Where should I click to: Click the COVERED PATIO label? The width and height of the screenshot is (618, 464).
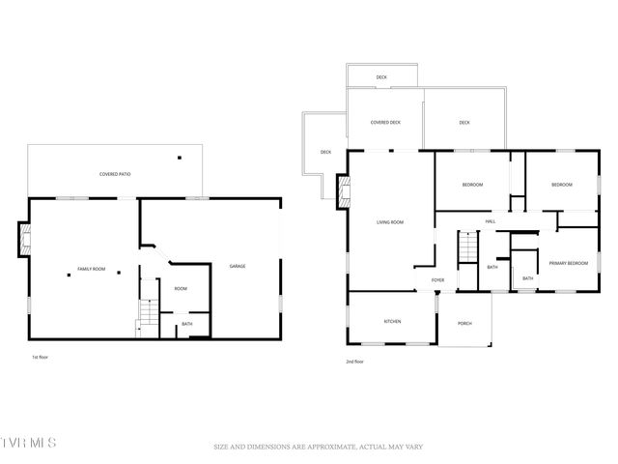click(x=115, y=174)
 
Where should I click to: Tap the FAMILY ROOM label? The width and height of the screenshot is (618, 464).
click(x=92, y=268)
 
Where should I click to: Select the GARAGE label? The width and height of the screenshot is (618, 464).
click(x=237, y=266)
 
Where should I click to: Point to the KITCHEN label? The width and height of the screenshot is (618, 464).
click(x=392, y=322)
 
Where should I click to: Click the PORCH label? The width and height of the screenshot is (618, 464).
click(x=464, y=323)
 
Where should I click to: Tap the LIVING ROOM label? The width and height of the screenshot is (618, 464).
click(x=389, y=222)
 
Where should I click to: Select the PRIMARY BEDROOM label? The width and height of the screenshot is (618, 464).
click(x=568, y=263)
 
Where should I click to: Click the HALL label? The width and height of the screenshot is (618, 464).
click(x=491, y=222)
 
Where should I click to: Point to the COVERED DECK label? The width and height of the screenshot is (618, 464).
click(x=386, y=123)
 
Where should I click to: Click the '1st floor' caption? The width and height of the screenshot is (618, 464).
click(x=40, y=357)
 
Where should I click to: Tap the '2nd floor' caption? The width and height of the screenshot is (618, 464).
click(x=354, y=362)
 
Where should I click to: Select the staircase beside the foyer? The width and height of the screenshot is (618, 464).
click(x=466, y=248)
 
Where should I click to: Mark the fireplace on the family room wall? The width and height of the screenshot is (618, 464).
click(x=23, y=242)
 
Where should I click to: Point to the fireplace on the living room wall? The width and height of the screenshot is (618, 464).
click(x=342, y=190)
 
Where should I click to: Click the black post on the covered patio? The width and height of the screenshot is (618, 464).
click(x=179, y=158)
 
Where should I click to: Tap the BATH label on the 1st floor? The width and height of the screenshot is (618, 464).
click(x=186, y=324)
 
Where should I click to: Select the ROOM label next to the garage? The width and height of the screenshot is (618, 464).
click(x=180, y=288)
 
